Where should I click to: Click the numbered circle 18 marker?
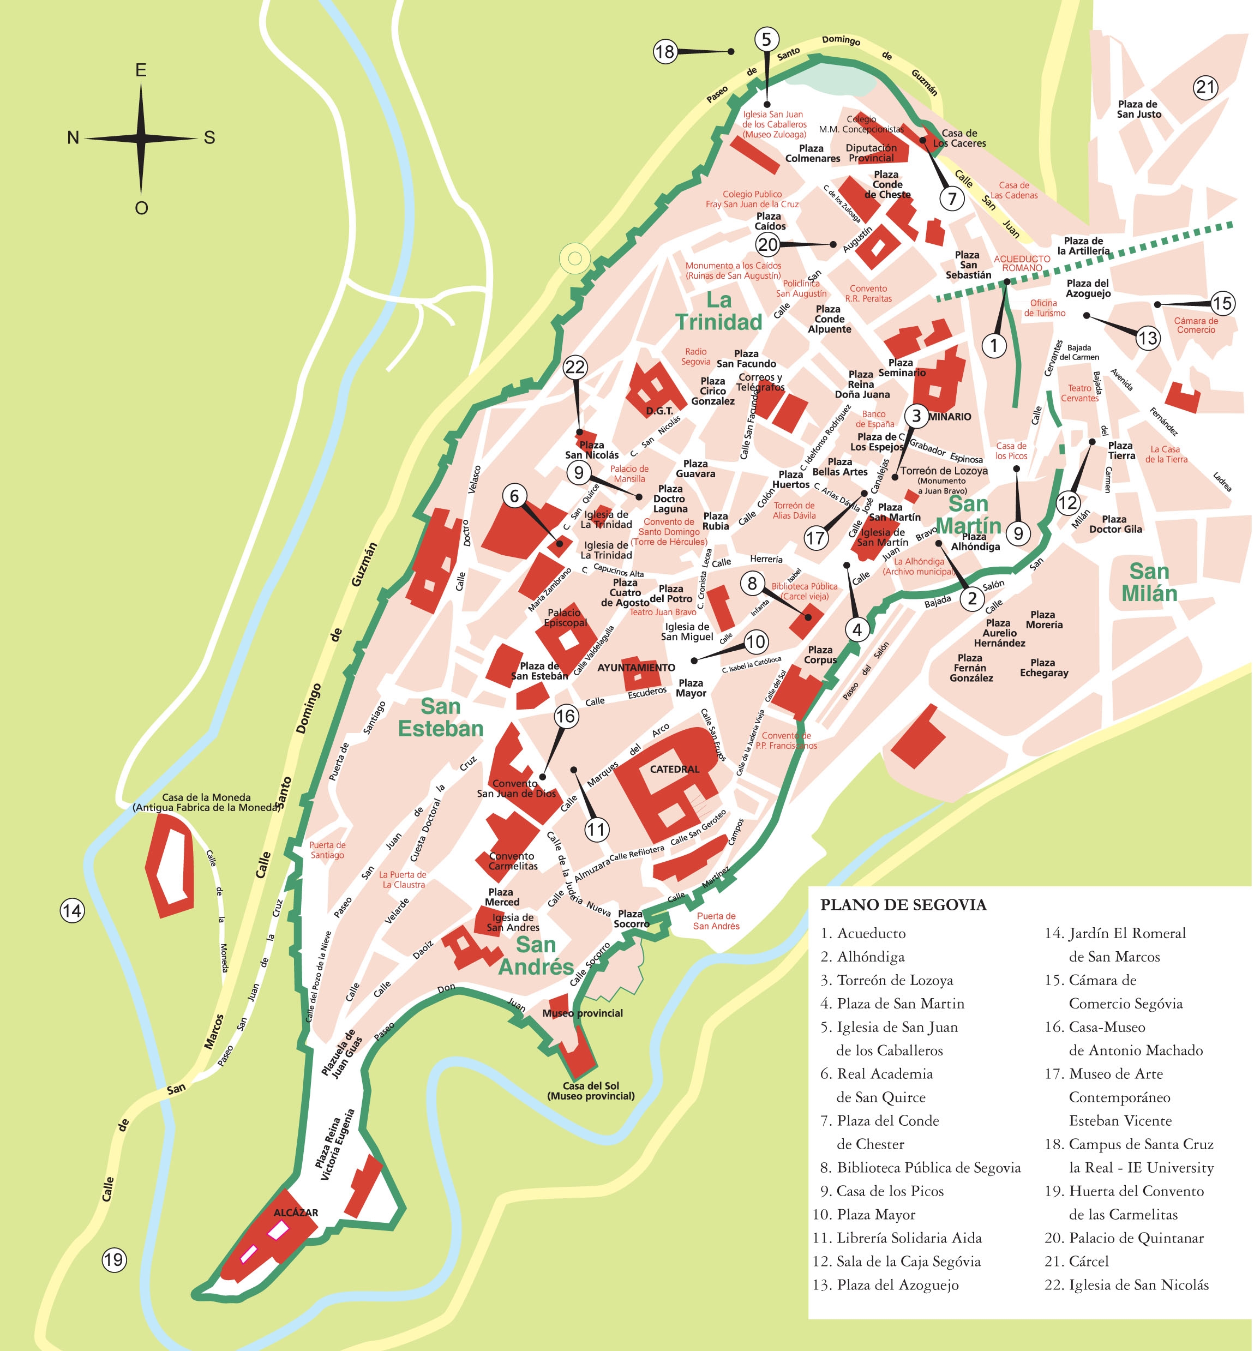click(x=665, y=52)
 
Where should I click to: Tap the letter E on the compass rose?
click(x=141, y=70)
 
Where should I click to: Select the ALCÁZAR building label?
click(x=296, y=1212)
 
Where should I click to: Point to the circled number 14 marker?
click(x=72, y=911)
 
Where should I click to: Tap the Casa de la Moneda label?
click(x=206, y=802)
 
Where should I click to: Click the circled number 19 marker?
click(x=114, y=1260)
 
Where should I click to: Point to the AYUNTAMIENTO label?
click(x=636, y=668)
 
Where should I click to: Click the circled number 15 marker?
click(x=1222, y=303)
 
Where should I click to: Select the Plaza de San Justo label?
click(x=1139, y=109)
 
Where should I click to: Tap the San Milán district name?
click(x=1149, y=582)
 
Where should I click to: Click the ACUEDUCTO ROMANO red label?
click(x=1022, y=263)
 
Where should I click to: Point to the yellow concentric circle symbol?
click(x=575, y=258)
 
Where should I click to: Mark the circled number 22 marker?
click(x=575, y=367)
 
